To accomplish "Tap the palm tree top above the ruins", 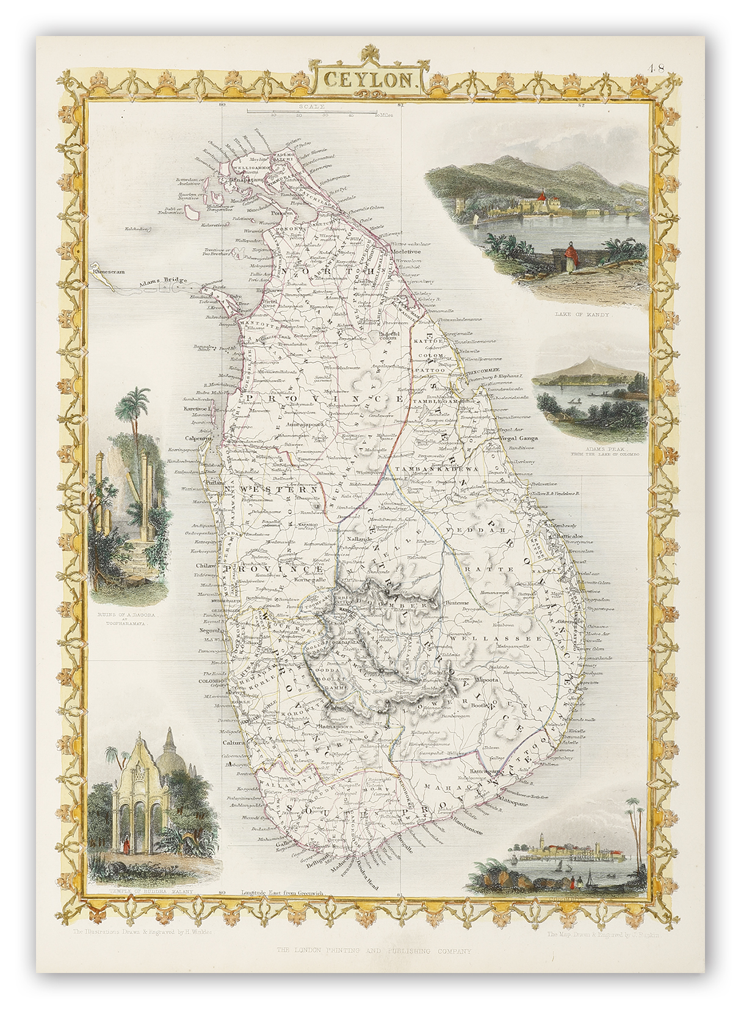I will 142,403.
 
